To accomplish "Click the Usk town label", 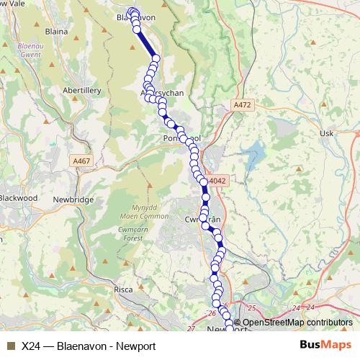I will click(327, 134).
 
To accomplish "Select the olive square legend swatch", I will click(11, 346).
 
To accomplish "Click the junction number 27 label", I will click(190, 328).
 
